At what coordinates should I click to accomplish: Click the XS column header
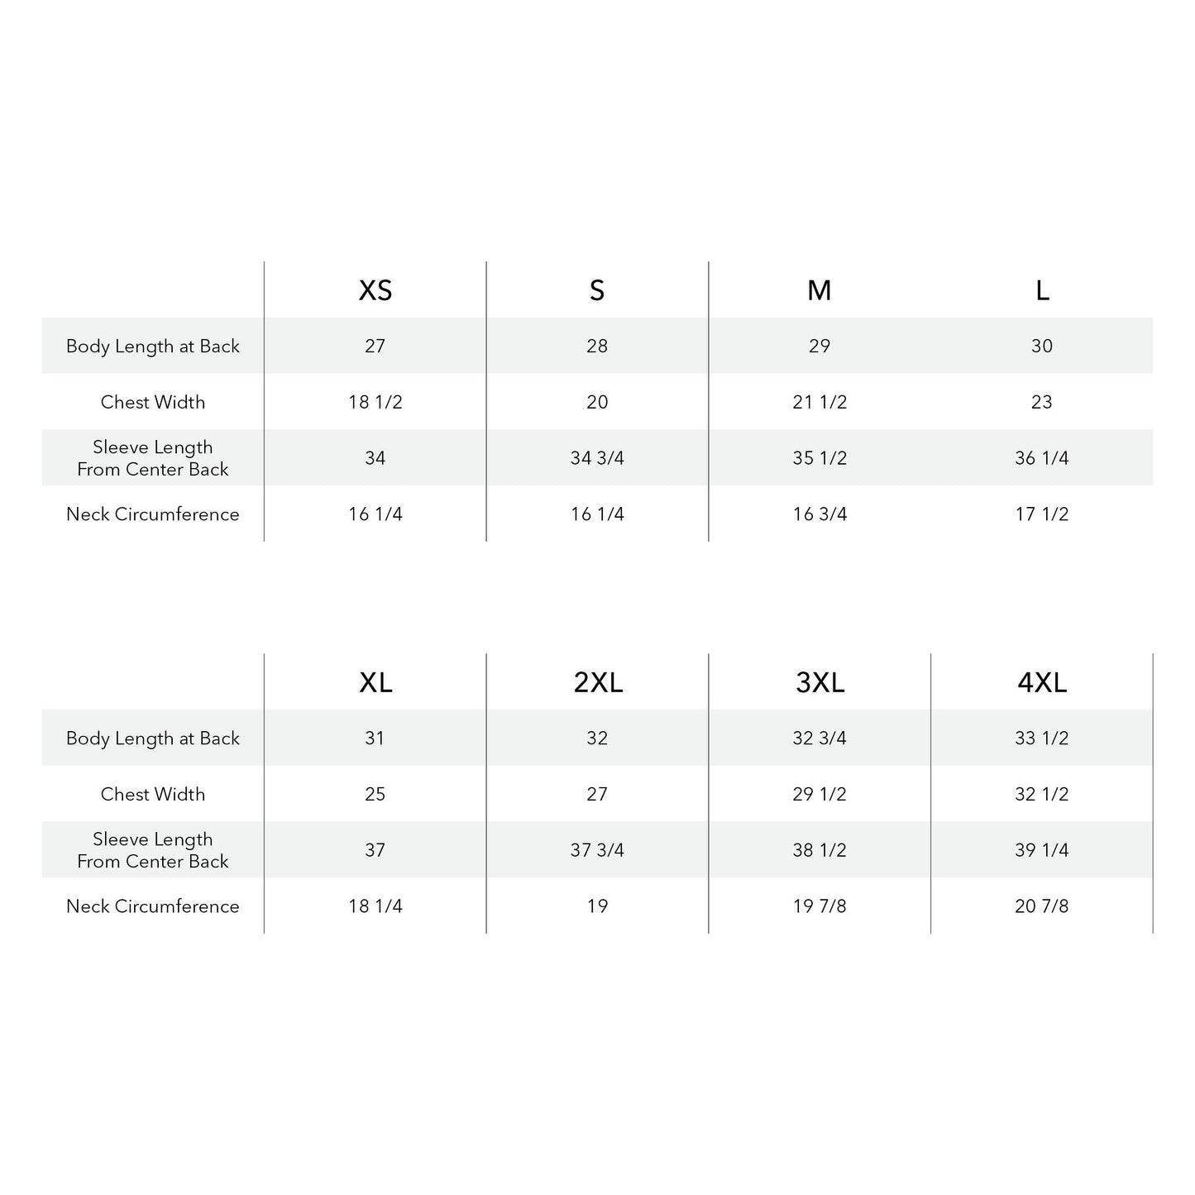pyautogui.click(x=375, y=290)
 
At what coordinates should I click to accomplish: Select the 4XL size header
pyautogui.click(x=1042, y=682)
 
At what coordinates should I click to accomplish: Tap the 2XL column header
pyautogui.click(x=598, y=682)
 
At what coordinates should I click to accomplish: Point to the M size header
pyautogui.click(x=820, y=290)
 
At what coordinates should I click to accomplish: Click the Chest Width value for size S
pyautogui.click(x=597, y=402)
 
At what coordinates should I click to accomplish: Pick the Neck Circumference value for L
pyautogui.click(x=1042, y=514)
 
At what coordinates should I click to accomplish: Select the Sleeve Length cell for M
pyautogui.click(x=820, y=458)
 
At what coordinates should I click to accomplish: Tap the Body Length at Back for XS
pyautogui.click(x=375, y=346)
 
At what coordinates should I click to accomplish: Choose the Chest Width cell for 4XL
pyautogui.click(x=1042, y=794)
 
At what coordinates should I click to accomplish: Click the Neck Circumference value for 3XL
pyautogui.click(x=820, y=906)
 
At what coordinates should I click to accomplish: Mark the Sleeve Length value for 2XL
pyautogui.click(x=597, y=850)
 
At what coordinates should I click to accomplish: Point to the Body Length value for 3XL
pyautogui.click(x=820, y=739)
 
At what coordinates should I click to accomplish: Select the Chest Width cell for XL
pyautogui.click(x=375, y=794)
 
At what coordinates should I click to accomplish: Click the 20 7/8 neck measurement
pyautogui.click(x=1042, y=906)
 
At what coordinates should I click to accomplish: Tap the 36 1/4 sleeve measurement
pyautogui.click(x=1042, y=458)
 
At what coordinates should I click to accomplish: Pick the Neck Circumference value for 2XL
pyautogui.click(x=597, y=906)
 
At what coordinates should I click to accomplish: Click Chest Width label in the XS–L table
pyautogui.click(x=153, y=402)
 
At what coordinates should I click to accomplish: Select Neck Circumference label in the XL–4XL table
pyautogui.click(x=153, y=906)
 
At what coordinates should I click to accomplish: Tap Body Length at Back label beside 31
pyautogui.click(x=153, y=739)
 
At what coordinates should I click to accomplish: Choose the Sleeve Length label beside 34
pyautogui.click(x=153, y=458)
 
